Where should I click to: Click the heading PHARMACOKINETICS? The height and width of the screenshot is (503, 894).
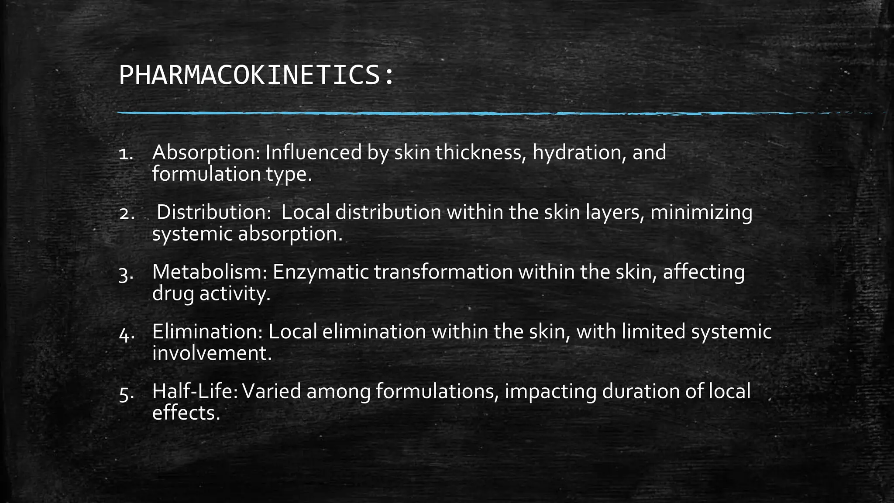(x=256, y=76)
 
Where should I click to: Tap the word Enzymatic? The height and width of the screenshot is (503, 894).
(x=320, y=273)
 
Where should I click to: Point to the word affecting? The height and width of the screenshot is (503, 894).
(x=704, y=273)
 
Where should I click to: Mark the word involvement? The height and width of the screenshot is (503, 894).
(x=212, y=353)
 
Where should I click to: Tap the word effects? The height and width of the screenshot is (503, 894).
(x=186, y=413)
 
